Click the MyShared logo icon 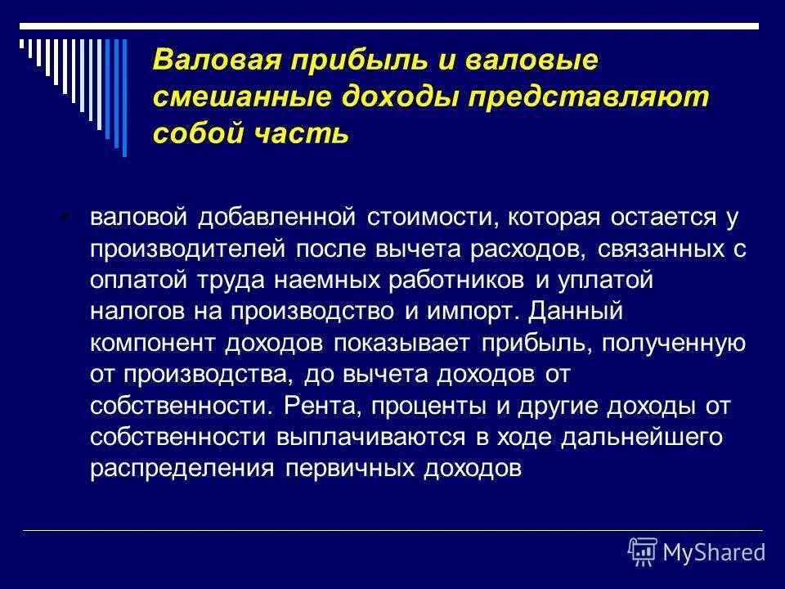642,552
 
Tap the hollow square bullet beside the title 134,61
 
